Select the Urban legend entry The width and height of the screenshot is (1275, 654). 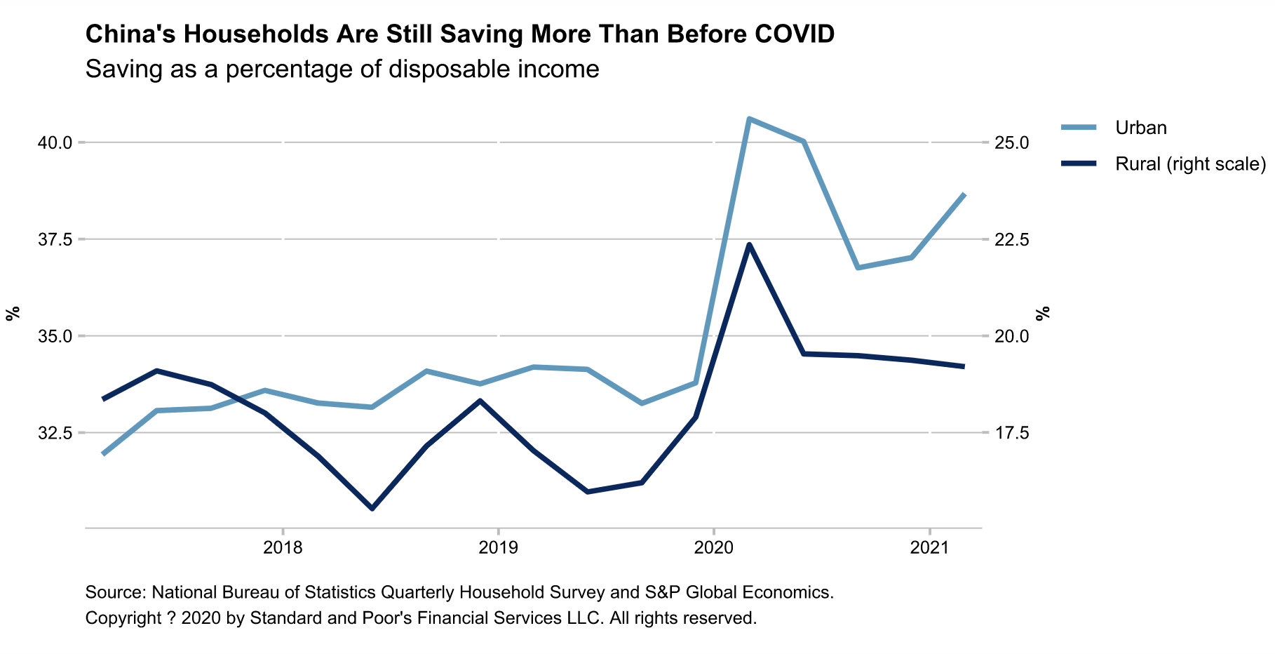point(1140,128)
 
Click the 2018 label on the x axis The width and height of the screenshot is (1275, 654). point(282,547)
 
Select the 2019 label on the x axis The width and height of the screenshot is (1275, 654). point(498,547)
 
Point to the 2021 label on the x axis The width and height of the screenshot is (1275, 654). point(930,547)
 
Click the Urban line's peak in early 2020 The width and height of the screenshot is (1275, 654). point(749,119)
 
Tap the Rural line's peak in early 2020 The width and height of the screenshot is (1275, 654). point(749,245)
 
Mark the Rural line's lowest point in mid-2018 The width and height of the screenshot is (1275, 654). point(372,508)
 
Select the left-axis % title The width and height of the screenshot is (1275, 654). point(12,314)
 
